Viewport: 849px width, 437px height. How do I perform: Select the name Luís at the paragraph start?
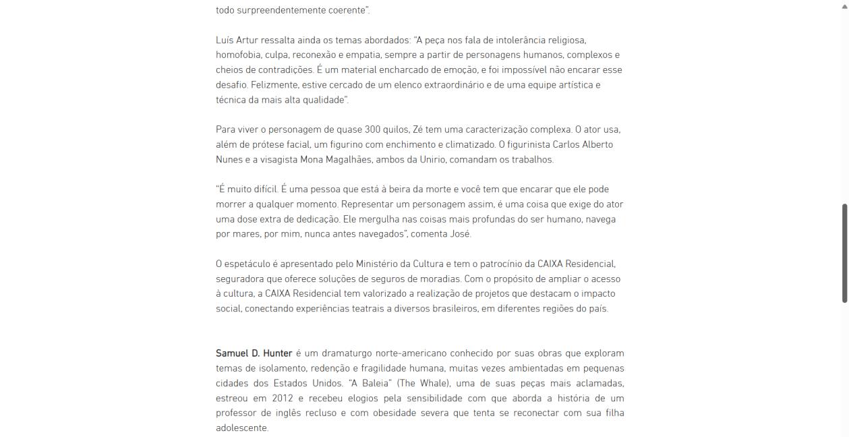point(225,40)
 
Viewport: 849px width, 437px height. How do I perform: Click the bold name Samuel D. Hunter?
point(254,353)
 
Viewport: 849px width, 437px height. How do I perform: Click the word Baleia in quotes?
point(370,383)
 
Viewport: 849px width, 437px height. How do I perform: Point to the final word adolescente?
point(241,428)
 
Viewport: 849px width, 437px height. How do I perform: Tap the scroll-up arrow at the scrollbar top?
point(844,5)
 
